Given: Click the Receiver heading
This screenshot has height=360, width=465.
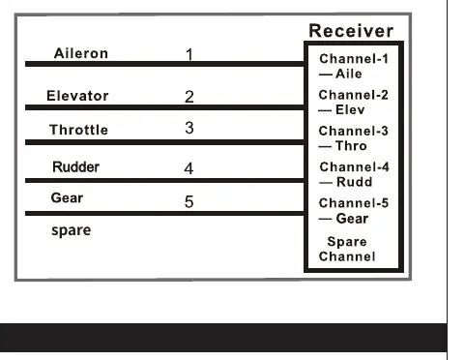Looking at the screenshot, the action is (351, 31).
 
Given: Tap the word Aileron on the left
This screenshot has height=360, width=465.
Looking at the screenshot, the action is (81, 53).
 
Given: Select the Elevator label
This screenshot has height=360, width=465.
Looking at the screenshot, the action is (77, 96).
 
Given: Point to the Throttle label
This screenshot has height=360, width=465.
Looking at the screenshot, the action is (78, 130).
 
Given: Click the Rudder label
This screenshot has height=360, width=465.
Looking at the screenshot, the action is (75, 166).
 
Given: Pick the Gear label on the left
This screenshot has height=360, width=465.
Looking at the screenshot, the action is (67, 197).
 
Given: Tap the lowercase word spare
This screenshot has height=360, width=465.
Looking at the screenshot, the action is (72, 230).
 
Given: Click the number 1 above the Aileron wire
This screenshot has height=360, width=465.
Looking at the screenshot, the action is (189, 54).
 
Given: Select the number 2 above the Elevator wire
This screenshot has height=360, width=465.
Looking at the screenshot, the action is (189, 97).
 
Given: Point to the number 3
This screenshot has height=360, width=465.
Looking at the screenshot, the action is (189, 128).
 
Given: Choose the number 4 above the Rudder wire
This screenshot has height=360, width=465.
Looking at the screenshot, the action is (189, 168).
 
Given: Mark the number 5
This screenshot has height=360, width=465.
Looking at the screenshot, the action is (189, 201).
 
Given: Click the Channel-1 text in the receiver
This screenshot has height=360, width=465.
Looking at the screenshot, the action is (354, 59).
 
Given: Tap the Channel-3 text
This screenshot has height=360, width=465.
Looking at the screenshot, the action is (353, 131).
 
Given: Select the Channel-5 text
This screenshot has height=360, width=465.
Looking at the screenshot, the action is (354, 203).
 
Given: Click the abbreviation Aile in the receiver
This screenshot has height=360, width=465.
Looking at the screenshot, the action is (349, 74).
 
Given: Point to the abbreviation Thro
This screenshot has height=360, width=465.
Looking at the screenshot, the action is (351, 146).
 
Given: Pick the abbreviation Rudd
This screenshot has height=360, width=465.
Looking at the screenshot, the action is (354, 182).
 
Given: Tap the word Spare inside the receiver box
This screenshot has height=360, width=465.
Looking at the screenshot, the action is (347, 242).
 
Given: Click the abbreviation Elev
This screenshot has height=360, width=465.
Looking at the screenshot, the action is (350, 110).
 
